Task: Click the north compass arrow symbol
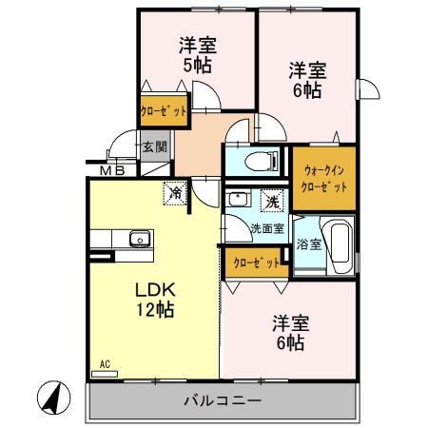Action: click(53, 398)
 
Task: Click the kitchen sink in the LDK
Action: click(140, 239)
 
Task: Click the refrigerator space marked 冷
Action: click(175, 193)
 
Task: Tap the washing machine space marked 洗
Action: click(271, 201)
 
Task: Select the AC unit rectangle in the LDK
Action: click(105, 374)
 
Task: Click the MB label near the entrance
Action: click(112, 171)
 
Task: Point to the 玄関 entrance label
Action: click(154, 146)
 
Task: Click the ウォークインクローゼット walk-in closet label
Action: click(323, 179)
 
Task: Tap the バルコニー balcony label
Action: click(223, 400)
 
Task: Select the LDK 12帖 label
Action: click(155, 300)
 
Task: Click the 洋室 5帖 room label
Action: click(198, 55)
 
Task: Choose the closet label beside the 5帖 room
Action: click(164, 111)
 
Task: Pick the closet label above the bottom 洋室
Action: click(257, 263)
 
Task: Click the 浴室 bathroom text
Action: click(309, 244)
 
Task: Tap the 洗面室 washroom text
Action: click(267, 228)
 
